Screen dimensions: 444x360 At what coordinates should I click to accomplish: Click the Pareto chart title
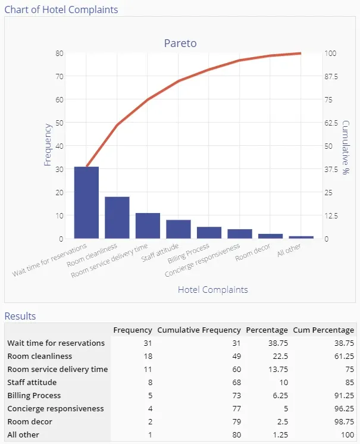[x=180, y=43]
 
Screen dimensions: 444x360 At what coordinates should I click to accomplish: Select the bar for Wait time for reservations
[x=86, y=202]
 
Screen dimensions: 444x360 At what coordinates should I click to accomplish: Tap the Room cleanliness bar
[x=117, y=217]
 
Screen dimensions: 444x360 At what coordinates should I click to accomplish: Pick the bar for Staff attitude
[x=179, y=229]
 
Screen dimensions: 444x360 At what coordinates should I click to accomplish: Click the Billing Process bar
[x=209, y=233]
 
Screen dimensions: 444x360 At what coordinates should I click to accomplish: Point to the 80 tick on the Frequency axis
[x=60, y=53]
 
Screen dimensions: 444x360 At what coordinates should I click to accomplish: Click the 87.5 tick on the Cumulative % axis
[x=331, y=76]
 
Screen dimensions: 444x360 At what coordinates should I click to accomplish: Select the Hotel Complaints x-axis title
[x=212, y=290]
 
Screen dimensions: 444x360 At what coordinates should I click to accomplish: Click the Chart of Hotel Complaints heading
[x=61, y=10]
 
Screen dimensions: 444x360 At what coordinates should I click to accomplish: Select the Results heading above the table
[x=20, y=316]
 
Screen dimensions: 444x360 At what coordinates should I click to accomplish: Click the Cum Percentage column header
[x=323, y=330]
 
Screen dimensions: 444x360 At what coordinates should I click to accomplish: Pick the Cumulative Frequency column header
[x=199, y=330]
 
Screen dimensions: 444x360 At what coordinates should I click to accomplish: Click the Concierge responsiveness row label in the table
[x=55, y=408]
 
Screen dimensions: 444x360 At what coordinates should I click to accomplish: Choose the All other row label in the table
[x=23, y=434]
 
